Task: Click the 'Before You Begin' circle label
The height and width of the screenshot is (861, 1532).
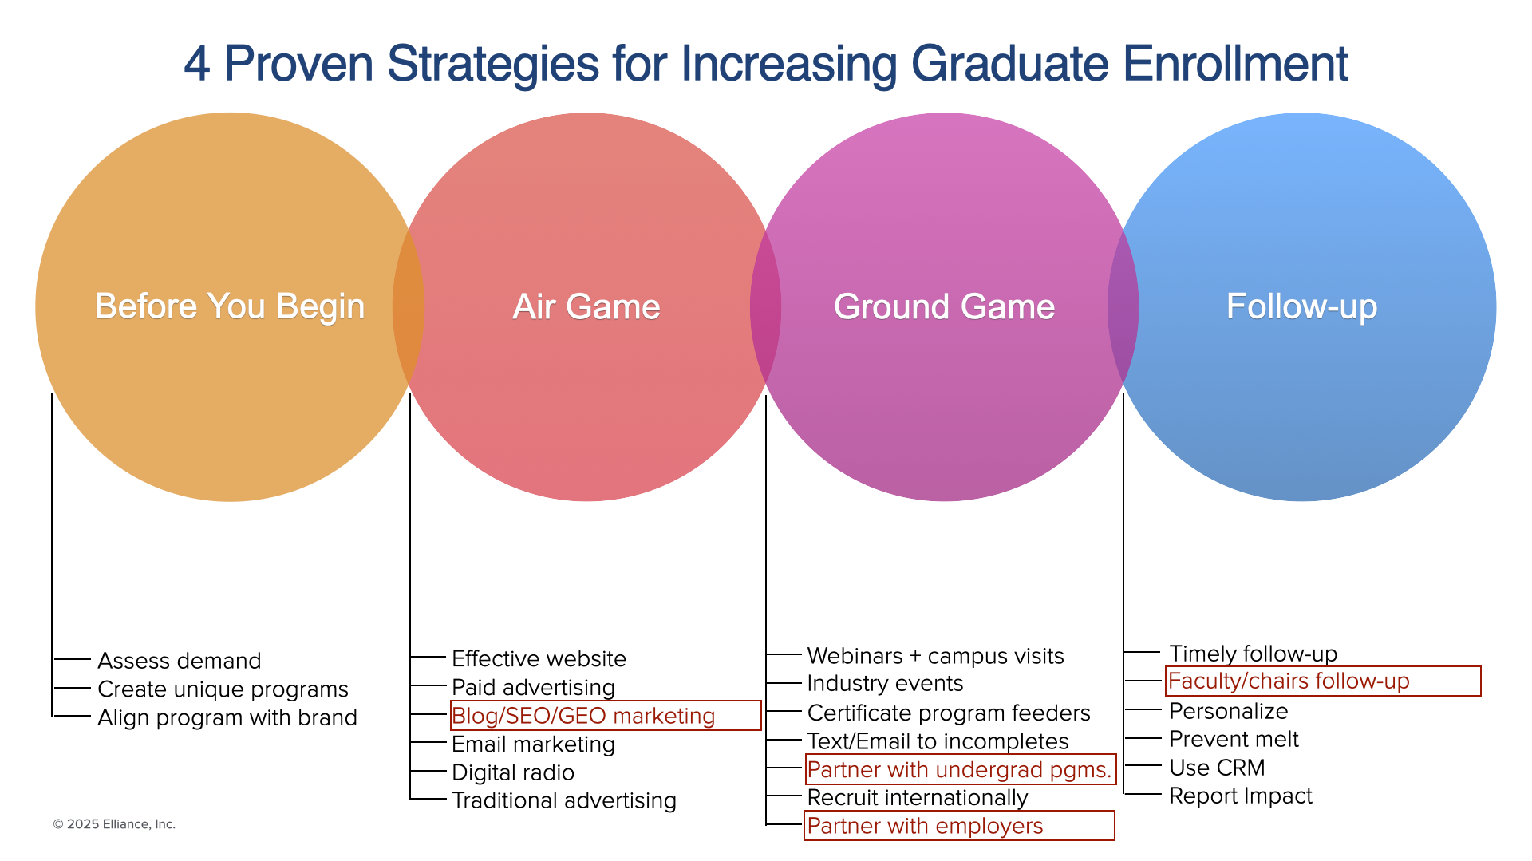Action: point(230,307)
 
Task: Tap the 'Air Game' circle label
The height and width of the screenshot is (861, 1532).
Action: point(586,307)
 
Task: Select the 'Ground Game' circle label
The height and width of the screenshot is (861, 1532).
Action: point(944,307)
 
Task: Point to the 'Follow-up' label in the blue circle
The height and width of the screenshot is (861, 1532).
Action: point(1301,307)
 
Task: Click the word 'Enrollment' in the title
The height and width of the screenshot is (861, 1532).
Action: point(1235,64)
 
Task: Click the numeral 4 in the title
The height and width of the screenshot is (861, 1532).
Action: point(196,65)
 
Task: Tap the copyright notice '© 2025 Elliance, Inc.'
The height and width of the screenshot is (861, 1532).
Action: point(114,824)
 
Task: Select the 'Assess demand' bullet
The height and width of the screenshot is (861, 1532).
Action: point(180,661)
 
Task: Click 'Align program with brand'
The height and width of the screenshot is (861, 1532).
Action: point(227,718)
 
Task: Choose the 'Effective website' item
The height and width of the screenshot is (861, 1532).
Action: point(539,659)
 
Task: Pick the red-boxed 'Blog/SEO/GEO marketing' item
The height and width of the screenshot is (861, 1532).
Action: point(583,716)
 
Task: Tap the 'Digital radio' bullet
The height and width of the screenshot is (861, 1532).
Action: point(513,772)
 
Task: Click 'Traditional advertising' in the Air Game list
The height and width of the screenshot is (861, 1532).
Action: point(564,800)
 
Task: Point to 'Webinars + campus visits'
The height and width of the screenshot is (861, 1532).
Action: point(935,656)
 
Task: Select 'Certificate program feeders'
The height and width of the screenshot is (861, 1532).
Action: point(949,713)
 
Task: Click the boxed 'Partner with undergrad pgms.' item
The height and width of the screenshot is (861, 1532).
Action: point(959,769)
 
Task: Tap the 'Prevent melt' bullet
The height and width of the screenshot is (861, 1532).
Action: point(1234,739)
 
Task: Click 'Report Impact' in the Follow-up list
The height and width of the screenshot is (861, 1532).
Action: point(1241,796)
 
